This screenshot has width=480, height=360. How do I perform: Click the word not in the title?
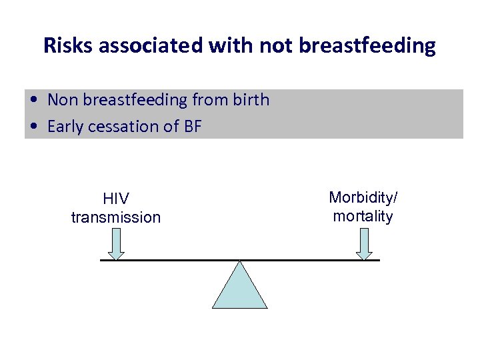coord(277,45)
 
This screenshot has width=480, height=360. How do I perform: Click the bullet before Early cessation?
coord(33,126)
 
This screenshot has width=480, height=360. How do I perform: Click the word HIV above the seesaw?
coord(116,199)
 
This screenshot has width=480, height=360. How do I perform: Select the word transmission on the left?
coord(116,217)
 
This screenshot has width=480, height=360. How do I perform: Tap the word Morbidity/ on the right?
coord(363,198)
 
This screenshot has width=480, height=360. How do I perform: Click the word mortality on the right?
coord(363,216)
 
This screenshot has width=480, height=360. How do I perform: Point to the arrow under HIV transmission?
coord(116,244)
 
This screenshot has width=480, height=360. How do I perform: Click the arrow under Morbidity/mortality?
coord(363,244)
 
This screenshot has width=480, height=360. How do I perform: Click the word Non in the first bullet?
coord(62,100)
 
